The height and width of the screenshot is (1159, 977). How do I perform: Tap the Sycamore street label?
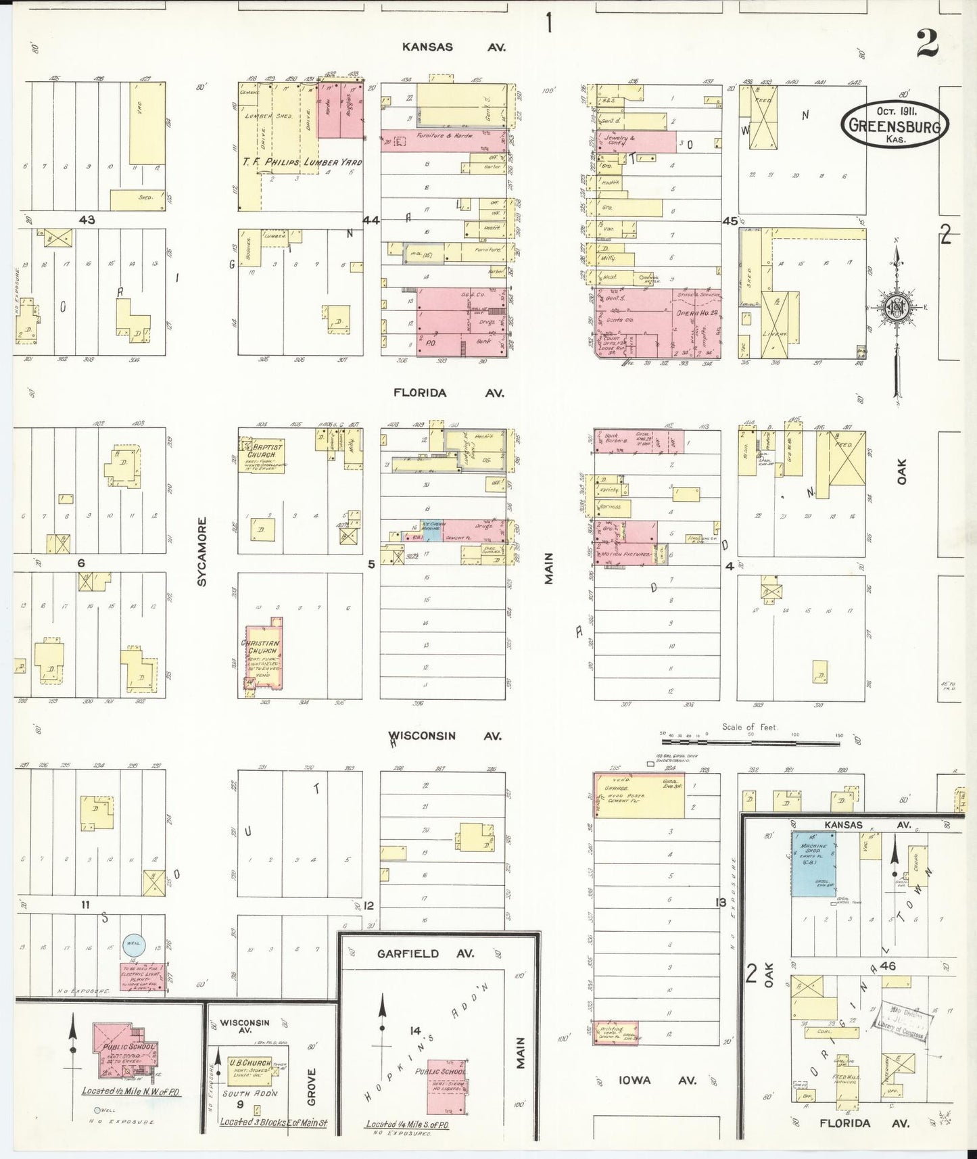point(202,551)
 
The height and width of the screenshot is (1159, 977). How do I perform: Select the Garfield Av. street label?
point(427,953)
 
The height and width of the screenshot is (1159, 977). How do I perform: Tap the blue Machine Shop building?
point(813,864)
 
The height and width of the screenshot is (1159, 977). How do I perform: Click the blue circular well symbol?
point(133,943)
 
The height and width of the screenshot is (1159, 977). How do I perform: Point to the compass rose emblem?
point(897,308)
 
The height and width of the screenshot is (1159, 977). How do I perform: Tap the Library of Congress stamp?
point(901,1020)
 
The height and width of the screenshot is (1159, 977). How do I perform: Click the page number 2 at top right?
point(927,44)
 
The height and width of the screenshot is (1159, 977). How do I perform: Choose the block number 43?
point(87,220)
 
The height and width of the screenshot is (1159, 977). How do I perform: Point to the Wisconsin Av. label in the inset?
point(245,1026)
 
